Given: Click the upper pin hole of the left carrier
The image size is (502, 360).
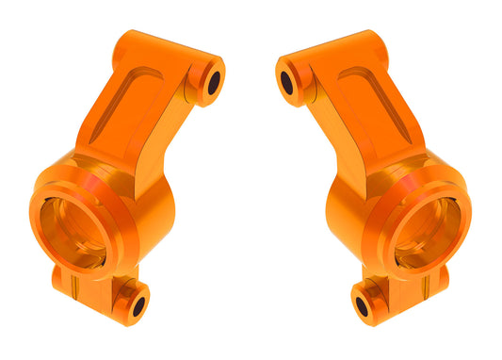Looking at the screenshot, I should (213, 81).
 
